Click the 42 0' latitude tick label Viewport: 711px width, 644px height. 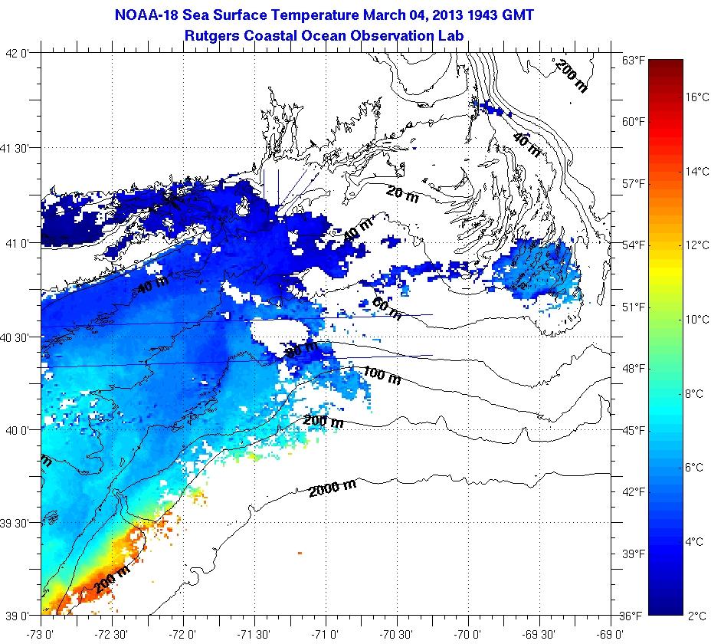click(18, 54)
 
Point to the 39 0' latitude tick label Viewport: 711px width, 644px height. click(18, 616)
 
